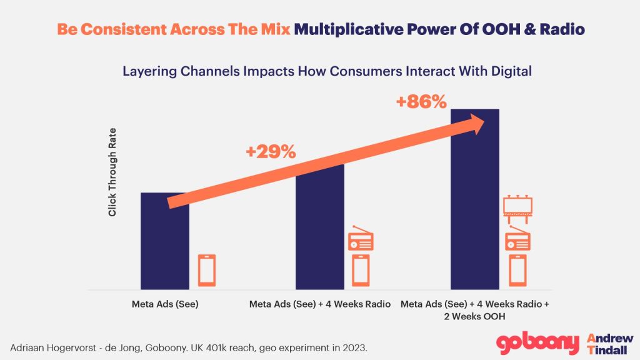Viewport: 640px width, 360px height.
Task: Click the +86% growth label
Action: tap(422, 101)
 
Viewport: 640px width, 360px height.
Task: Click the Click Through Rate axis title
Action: tap(112, 172)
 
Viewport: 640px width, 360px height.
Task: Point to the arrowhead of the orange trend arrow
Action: tap(478, 123)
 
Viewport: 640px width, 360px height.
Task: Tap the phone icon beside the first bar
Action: tap(207, 270)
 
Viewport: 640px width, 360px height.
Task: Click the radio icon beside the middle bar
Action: tap(361, 239)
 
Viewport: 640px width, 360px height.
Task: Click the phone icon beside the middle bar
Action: tap(361, 270)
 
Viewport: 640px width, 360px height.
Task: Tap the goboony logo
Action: tap(537, 344)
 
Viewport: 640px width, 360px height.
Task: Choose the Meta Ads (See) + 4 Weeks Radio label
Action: tap(320, 304)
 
